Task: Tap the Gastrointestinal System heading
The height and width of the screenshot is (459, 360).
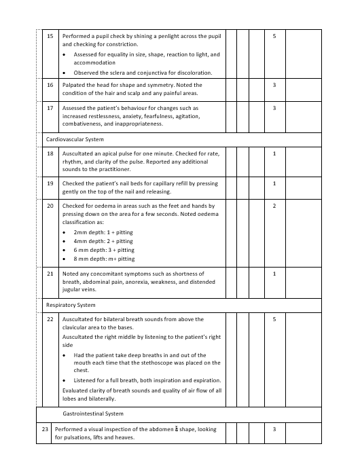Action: pyautogui.click(x=94, y=413)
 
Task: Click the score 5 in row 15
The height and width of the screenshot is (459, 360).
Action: pyautogui.click(x=274, y=35)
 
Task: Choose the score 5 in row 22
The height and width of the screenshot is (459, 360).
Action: pyautogui.click(x=274, y=318)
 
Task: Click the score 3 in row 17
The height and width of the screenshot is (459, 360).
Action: pyautogui.click(x=274, y=107)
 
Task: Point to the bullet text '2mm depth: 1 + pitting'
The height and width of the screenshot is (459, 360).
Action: pyautogui.click(x=103, y=232)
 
